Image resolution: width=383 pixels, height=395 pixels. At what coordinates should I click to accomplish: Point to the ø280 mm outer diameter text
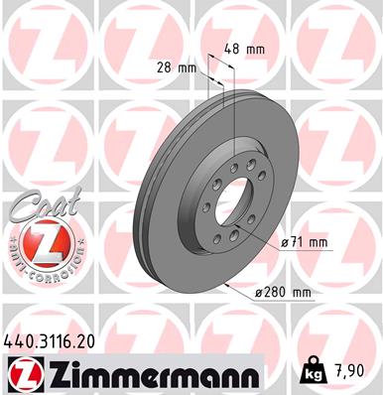(282, 293)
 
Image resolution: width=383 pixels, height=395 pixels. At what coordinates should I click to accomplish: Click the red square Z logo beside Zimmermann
(20, 375)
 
